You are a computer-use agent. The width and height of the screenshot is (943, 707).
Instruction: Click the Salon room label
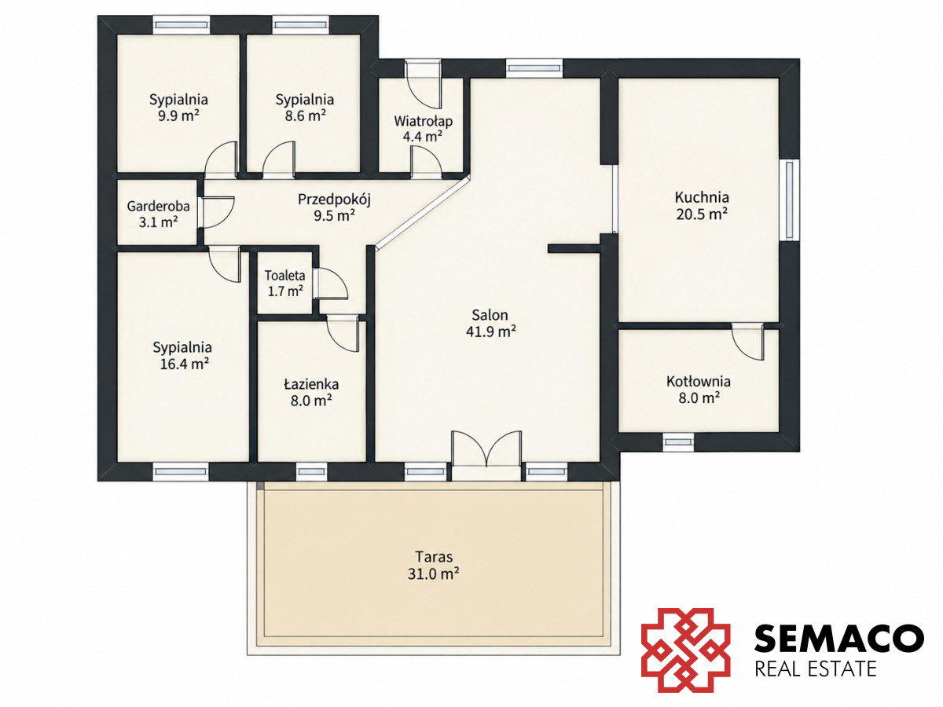pyautogui.click(x=490, y=315)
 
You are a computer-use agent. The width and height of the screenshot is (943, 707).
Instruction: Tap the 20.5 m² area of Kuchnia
pyautogui.click(x=702, y=214)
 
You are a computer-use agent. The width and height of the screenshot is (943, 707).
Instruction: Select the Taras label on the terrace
pyautogui.click(x=434, y=557)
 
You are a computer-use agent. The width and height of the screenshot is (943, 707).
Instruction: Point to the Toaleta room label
pyautogui.click(x=284, y=275)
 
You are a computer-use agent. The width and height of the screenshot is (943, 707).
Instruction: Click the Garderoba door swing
pyautogui.click(x=218, y=212)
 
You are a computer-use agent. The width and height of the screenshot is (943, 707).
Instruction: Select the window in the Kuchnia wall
pyautogui.click(x=789, y=200)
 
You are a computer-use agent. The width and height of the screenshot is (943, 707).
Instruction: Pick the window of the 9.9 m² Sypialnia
pyautogui.click(x=182, y=25)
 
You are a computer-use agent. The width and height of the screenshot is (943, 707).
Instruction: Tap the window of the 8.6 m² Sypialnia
pyautogui.click(x=301, y=25)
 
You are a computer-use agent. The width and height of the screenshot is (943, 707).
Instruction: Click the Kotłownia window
pyautogui.click(x=678, y=442)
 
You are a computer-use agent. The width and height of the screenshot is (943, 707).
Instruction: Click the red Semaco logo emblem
pyautogui.click(x=686, y=650)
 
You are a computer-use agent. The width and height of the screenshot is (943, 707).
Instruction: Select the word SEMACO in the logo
pyautogui.click(x=839, y=639)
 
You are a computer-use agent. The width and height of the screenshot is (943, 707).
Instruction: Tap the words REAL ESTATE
pyautogui.click(x=816, y=669)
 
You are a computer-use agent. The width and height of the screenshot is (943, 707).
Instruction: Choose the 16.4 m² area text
pyautogui.click(x=185, y=364)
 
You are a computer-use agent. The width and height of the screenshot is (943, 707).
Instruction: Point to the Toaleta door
pyautogui.click(x=329, y=284)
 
